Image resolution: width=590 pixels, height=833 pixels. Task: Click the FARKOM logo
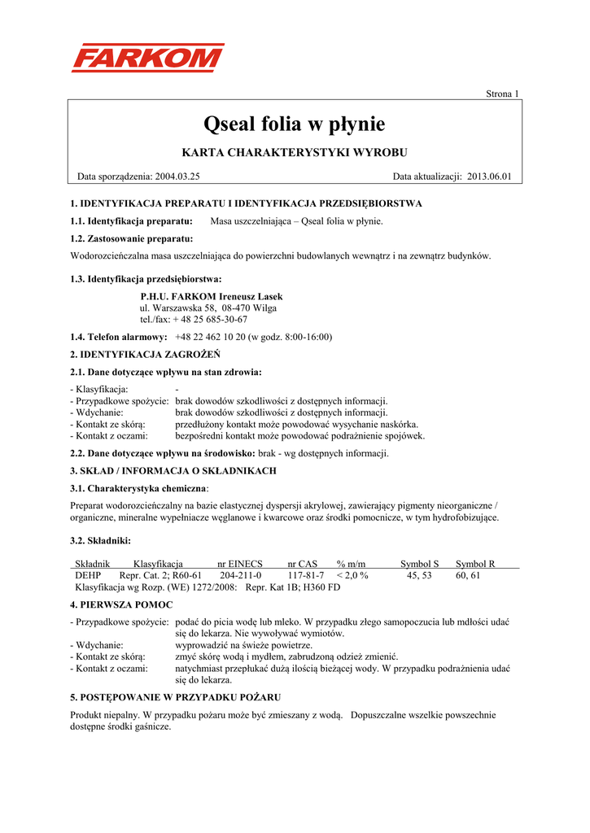pos(147,58)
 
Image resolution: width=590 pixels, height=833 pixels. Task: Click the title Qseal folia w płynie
pos(294,124)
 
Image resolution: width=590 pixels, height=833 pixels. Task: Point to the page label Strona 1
pos(502,94)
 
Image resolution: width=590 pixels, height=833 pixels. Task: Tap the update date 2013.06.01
pos(489,176)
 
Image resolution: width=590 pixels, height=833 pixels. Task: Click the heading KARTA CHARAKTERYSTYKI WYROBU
pos(294,152)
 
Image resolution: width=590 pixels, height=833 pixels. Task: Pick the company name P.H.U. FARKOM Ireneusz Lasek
pos(212,297)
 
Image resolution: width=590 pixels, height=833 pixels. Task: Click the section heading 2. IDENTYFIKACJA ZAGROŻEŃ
pos(145,355)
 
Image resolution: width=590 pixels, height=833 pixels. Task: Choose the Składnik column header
pos(92,563)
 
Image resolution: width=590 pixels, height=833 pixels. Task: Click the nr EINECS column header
pos(239,563)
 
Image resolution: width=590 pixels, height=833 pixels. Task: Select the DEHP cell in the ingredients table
pos(88,574)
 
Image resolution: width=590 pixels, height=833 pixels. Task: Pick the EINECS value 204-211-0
pos(240,574)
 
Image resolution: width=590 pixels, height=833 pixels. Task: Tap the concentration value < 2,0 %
pos(352,574)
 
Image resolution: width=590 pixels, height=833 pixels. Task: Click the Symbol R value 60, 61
pos(468,574)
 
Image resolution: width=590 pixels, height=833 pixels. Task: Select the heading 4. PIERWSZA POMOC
pos(120,604)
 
